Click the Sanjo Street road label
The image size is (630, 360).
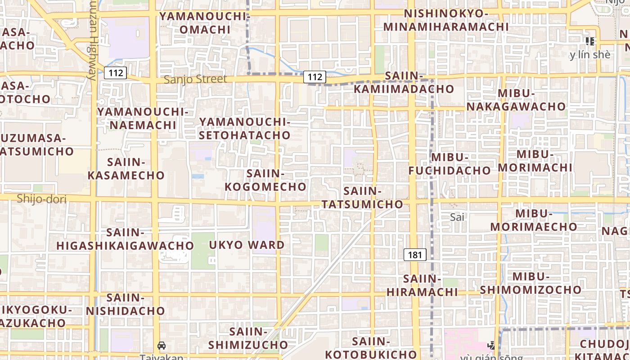pyautogui.click(x=195, y=80)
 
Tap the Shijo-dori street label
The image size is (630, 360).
pyautogui.click(x=41, y=199)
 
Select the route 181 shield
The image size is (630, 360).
pyautogui.click(x=414, y=255)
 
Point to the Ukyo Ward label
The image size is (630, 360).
pyautogui.click(x=247, y=245)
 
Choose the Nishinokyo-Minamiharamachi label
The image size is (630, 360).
pyautogui.click(x=446, y=20)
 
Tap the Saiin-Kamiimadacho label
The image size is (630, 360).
pyautogui.click(x=404, y=82)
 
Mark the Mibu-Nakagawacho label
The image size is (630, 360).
pyautogui.click(x=516, y=100)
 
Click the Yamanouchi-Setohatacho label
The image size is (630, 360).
pyautogui.click(x=245, y=128)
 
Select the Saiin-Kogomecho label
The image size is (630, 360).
pyautogui.click(x=265, y=180)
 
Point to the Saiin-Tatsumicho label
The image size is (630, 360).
pyautogui.click(x=362, y=198)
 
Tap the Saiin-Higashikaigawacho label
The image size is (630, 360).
pyautogui.click(x=125, y=239)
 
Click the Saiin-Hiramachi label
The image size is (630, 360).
pyautogui.click(x=422, y=285)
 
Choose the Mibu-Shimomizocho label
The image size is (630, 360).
pyautogui.click(x=531, y=283)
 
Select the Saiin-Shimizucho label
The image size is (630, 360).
pyautogui.click(x=248, y=338)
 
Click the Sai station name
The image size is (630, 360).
pyautogui.click(x=457, y=217)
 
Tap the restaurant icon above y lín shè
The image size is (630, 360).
pyautogui.click(x=590, y=41)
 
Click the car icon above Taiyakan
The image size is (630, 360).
pyautogui.click(x=162, y=346)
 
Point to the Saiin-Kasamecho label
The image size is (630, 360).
pyautogui.click(x=126, y=169)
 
